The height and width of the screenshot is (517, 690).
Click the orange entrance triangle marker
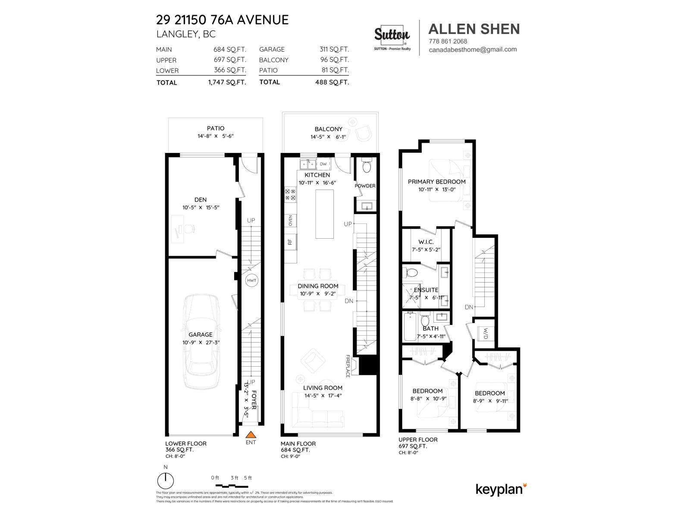pos(251,435)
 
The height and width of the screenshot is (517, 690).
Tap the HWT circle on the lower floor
pos(251,280)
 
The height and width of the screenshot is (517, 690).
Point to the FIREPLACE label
pos(348,366)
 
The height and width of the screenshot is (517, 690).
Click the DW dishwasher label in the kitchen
pos(323,164)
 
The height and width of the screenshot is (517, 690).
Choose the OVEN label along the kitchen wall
pos(290,221)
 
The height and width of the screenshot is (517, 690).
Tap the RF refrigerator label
pos(290,242)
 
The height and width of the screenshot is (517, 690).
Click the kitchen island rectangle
pos(324,214)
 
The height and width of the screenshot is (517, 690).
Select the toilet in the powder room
pos(367,167)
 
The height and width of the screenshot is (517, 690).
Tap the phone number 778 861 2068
pos(448,41)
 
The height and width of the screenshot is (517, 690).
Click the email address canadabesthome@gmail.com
pos(473,50)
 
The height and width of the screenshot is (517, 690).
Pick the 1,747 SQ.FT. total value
pos(227,82)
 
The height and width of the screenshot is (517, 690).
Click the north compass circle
pos(166,480)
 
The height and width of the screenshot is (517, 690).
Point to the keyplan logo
pos(501,489)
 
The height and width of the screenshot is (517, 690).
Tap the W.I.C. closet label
pos(426,242)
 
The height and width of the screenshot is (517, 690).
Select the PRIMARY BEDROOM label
pos(436,182)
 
